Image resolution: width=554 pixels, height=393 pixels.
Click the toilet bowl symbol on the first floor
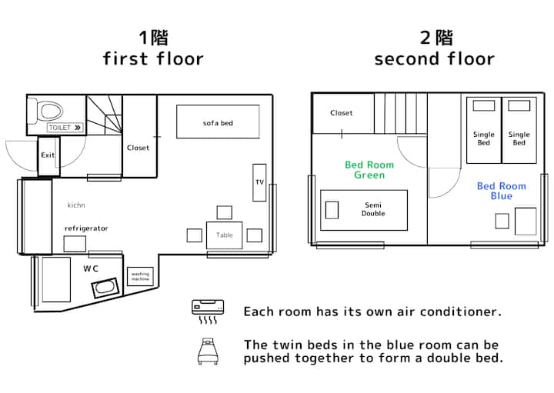tap(49, 111)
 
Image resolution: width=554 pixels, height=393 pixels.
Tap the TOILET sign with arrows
tap(65, 128)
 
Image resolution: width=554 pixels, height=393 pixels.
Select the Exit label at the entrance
tap(48, 155)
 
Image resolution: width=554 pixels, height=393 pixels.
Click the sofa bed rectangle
tap(218, 122)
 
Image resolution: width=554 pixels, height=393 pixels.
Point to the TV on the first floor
tap(259, 182)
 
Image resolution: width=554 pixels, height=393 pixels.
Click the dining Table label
tap(225, 235)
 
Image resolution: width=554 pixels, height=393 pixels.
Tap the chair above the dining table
tap(225, 212)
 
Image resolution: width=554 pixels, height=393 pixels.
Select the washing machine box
tap(140, 276)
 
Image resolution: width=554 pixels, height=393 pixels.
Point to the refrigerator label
tap(86, 228)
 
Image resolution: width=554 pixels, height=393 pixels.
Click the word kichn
tap(76, 205)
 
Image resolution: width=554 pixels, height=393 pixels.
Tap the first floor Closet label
tap(138, 148)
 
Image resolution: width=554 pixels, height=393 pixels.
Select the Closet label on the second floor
tap(342, 113)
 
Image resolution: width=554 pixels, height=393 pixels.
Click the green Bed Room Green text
tap(369, 170)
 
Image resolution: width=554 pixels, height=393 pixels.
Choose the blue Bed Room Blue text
tap(502, 191)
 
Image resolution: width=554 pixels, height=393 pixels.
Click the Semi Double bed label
tap(373, 209)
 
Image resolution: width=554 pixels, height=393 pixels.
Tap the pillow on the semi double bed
tap(332, 210)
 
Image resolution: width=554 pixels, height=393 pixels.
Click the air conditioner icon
tap(208, 311)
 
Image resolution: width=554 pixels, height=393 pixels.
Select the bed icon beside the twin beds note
tap(208, 351)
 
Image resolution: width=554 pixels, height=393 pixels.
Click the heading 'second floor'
tap(434, 58)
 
